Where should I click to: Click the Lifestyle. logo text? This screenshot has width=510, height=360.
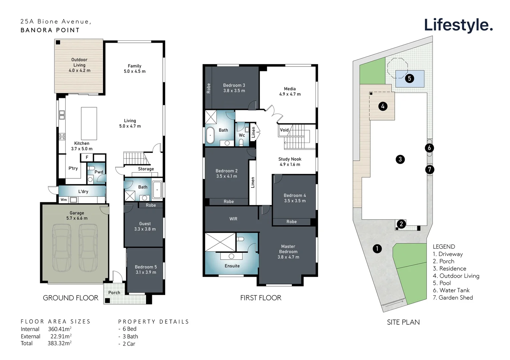(x=458, y=25)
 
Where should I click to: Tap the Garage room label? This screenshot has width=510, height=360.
(x=77, y=213)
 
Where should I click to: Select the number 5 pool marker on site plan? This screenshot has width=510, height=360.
(x=409, y=79)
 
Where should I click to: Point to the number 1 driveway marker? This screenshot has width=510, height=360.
(x=377, y=248)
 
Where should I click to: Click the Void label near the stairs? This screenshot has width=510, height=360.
(x=284, y=130)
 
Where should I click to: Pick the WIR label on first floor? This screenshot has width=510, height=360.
(x=233, y=219)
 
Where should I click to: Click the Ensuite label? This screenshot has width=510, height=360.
(x=232, y=266)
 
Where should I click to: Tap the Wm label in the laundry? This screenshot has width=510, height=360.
(x=63, y=200)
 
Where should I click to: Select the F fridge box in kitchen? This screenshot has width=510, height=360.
(x=87, y=157)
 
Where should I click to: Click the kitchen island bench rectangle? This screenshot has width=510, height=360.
(x=89, y=123)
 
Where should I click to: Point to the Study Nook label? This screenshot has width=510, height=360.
(x=290, y=159)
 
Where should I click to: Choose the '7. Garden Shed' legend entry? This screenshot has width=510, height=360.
(x=453, y=298)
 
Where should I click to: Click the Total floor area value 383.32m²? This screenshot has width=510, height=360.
(x=59, y=343)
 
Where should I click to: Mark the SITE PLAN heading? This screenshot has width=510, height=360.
(x=403, y=322)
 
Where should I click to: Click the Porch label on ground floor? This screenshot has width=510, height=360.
(x=114, y=293)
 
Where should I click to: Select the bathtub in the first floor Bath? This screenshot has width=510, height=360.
(x=210, y=135)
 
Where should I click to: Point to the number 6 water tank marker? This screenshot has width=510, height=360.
(x=429, y=148)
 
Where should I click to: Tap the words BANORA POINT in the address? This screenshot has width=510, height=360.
(x=50, y=30)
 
